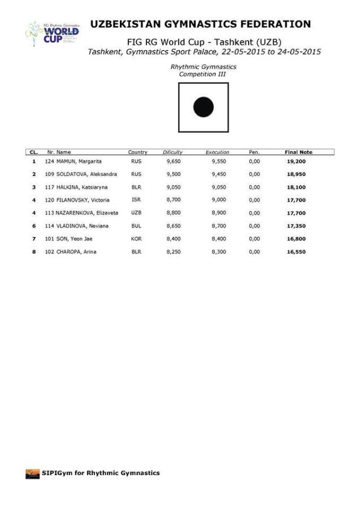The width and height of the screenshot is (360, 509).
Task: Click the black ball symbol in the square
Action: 203,107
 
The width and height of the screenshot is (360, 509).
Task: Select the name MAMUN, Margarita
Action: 79,161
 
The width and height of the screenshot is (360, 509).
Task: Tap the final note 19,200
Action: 298,161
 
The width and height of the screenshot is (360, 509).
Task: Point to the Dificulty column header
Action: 172,152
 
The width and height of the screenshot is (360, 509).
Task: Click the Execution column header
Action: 218,152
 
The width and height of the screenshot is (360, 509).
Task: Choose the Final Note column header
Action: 298,152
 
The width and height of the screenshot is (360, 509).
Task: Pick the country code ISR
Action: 136,200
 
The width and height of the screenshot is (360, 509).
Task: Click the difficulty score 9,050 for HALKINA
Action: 173,187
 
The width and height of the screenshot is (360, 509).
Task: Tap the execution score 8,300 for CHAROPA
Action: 218,252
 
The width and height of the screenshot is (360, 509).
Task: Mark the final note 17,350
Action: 298,226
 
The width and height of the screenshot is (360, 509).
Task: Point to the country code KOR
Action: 136,239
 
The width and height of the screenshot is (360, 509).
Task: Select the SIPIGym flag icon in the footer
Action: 32,473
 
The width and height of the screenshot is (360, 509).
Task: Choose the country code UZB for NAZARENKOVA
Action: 136,213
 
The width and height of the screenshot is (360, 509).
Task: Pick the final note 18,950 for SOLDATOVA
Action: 298,174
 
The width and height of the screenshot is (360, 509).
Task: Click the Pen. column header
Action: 254,152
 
